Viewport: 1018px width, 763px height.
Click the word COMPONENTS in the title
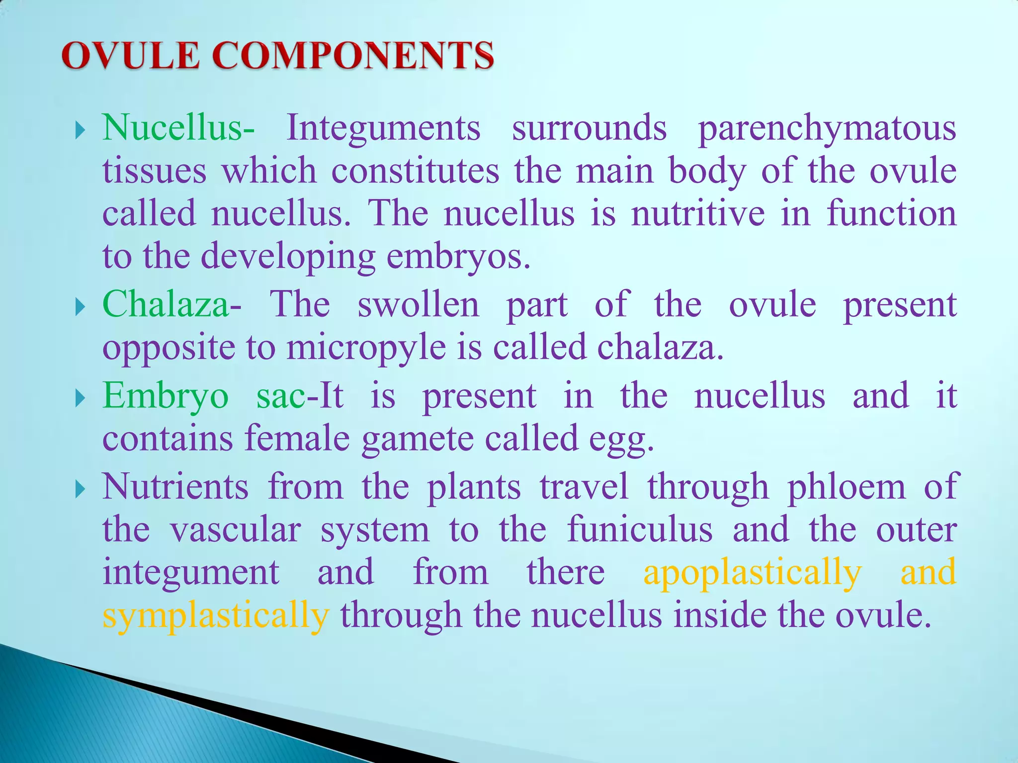pyautogui.click(x=353, y=56)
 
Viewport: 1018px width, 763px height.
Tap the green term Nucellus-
pyautogui.click(x=178, y=128)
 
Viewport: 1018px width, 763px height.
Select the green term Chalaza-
pyautogui.click(x=172, y=305)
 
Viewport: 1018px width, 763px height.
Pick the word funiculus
pyautogui.click(x=640, y=530)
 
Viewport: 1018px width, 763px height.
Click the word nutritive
pyautogui.click(x=698, y=214)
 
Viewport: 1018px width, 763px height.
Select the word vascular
pyautogui.click(x=236, y=530)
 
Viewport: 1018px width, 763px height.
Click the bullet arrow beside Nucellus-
pyautogui.click(x=80, y=132)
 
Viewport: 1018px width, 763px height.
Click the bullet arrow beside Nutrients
pyautogui.click(x=80, y=490)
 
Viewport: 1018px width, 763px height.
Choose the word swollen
pyautogui.click(x=419, y=305)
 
